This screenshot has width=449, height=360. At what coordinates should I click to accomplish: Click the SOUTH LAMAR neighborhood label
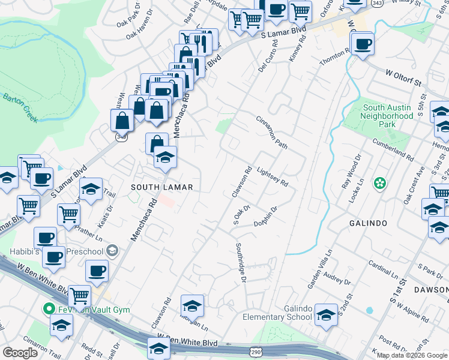tap(162, 187)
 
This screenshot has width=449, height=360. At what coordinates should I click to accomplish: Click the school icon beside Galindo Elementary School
tap(326, 314)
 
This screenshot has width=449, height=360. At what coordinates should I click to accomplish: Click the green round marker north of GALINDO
tap(379, 182)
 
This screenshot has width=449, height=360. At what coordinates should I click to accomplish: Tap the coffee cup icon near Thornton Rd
tap(363, 44)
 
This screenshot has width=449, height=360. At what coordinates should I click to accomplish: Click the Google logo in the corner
tap(21, 352)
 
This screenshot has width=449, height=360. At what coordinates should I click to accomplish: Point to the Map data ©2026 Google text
tap(412, 355)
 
